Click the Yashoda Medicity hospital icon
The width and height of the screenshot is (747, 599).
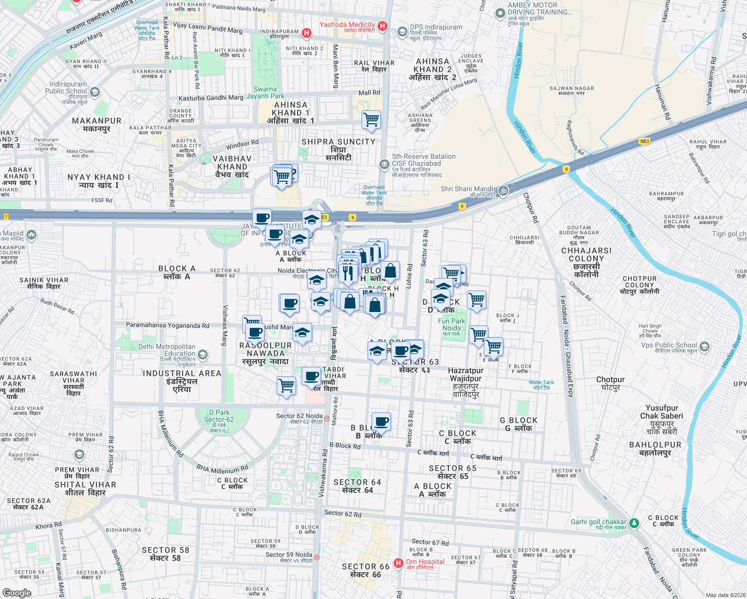382,26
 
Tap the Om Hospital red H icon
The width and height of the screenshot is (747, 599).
398,563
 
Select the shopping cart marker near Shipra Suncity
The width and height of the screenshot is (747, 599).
372,120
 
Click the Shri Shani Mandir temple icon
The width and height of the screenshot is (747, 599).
503,190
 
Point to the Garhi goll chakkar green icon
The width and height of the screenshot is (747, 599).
634,523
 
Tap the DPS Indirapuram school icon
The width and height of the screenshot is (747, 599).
402,32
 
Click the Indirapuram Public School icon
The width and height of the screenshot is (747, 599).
95,92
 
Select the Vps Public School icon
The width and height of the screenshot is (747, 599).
704,346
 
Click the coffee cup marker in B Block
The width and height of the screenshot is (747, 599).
381,422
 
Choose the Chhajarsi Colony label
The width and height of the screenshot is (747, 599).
586,262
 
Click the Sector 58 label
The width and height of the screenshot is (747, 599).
165,554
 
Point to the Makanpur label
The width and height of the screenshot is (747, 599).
97,124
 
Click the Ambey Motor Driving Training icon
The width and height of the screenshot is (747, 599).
500,13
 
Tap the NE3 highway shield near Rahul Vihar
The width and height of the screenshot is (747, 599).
644,141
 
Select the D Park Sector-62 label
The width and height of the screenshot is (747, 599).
219,420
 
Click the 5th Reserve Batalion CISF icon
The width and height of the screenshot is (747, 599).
384,164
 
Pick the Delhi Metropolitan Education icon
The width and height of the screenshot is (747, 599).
202,354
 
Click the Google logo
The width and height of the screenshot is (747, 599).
16,593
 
